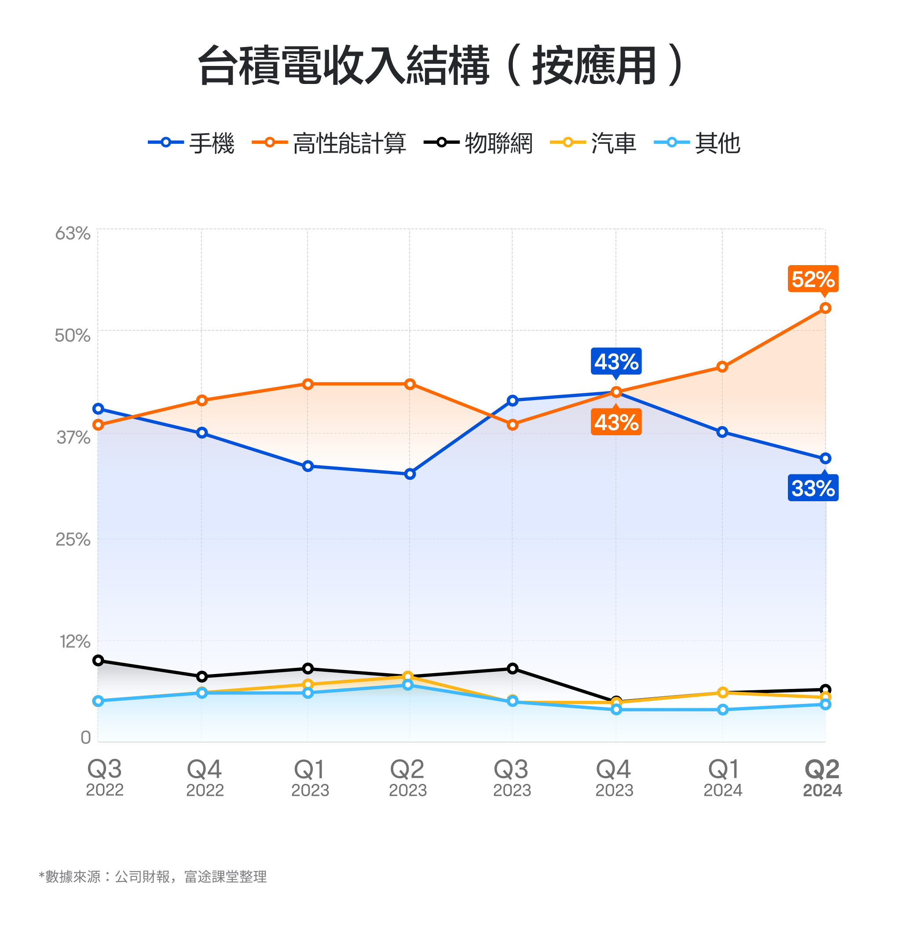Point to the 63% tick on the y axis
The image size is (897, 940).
point(73,234)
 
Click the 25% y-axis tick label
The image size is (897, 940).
point(73,539)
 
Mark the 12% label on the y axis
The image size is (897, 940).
point(75,641)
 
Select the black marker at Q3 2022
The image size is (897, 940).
point(98,660)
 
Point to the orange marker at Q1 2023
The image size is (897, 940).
point(308,384)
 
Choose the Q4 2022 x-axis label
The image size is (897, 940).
point(205,777)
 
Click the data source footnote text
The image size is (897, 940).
point(153,877)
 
